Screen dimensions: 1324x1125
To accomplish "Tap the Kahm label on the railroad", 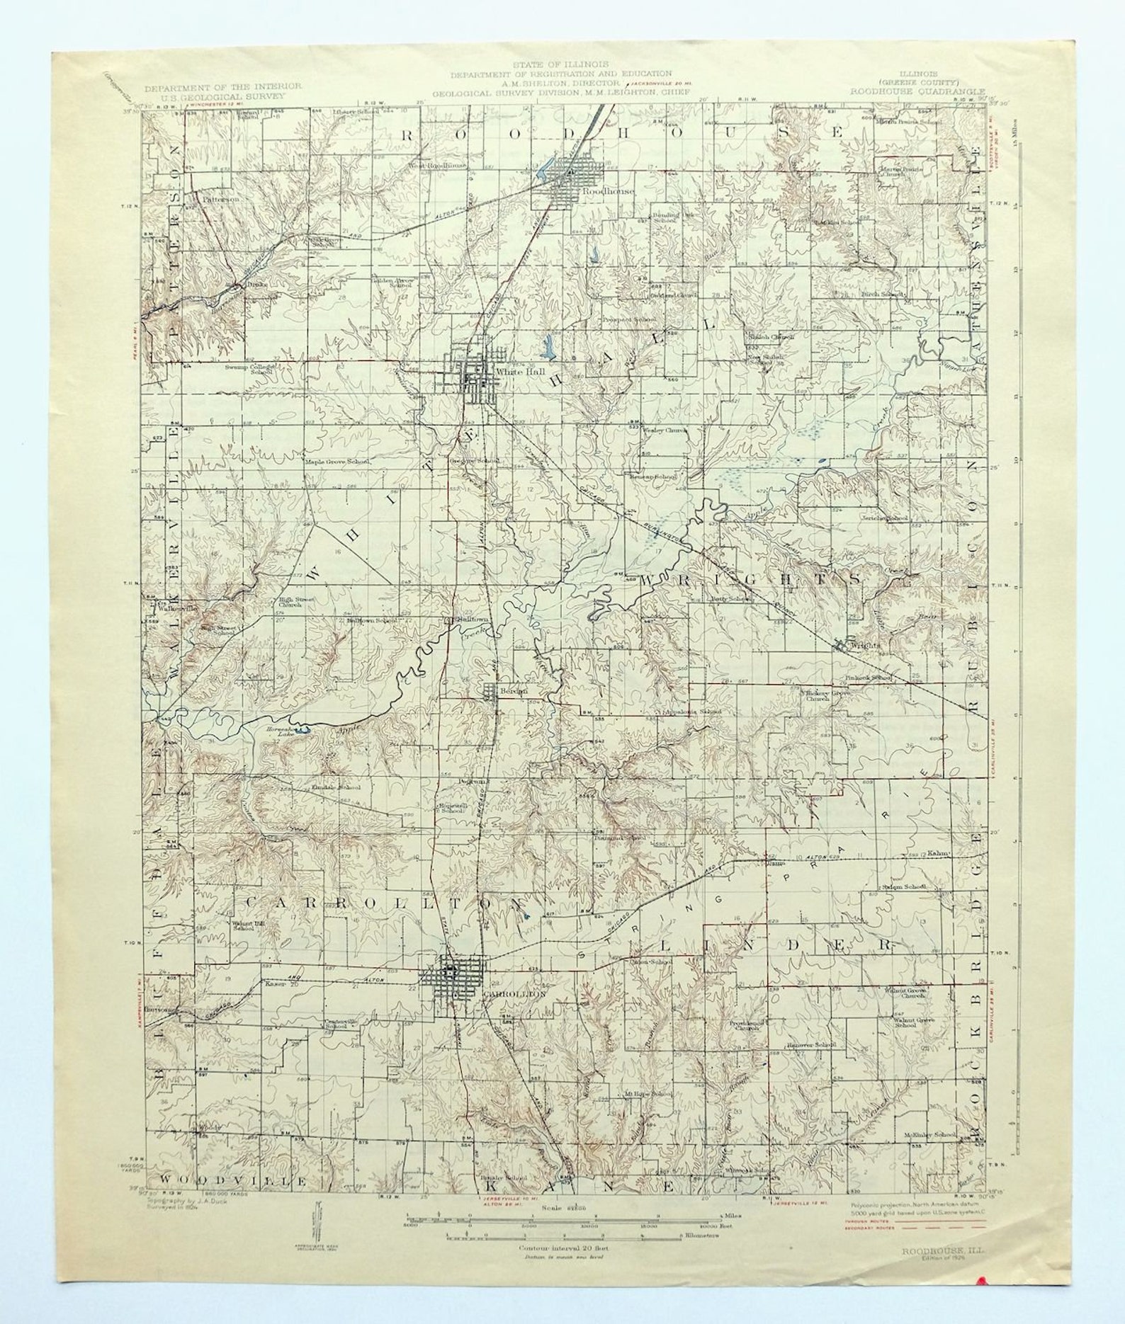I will [937, 854].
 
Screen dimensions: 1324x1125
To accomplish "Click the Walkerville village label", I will [177, 608].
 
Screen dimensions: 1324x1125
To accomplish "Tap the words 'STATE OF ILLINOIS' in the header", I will [560, 64].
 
